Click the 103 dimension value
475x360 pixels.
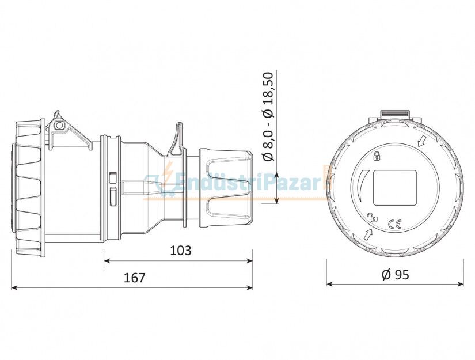click(181, 251)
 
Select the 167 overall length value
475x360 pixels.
click(134, 277)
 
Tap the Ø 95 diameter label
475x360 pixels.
click(395, 275)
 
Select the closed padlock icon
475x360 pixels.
click(377, 156)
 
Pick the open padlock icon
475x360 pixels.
click(373, 217)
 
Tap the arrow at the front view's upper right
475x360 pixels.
click(421, 140)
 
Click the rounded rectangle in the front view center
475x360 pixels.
click(395, 188)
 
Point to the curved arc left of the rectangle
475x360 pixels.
click(360, 187)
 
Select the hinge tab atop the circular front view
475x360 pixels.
click(395, 115)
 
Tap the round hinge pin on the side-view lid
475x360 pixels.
click(58, 124)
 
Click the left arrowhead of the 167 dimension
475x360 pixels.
click(15, 287)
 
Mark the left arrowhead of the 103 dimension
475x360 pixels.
click(107, 260)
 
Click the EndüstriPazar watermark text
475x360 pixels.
click(248, 183)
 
